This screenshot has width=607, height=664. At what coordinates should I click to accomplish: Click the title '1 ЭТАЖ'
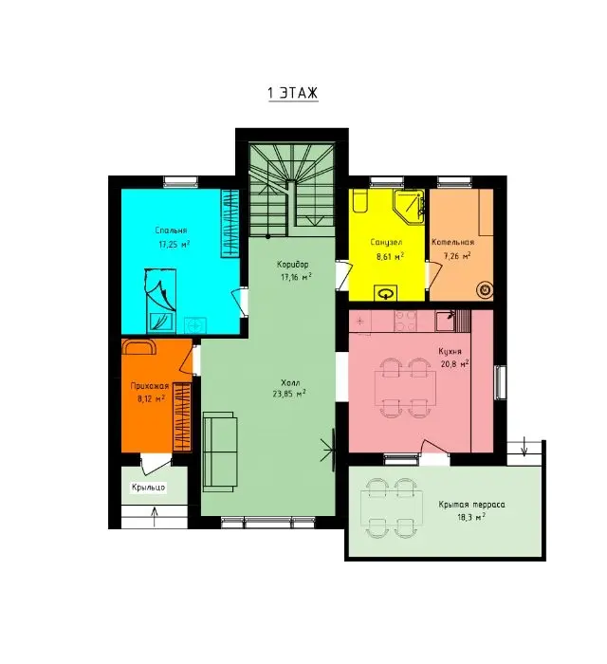coord(293,93)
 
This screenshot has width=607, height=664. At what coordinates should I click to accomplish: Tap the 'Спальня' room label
coord(171,231)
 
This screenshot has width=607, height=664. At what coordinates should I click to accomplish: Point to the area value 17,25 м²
coord(174,244)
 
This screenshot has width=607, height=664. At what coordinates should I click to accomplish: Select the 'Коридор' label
coord(292,265)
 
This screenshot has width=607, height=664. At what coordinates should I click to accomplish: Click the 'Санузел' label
coord(386,242)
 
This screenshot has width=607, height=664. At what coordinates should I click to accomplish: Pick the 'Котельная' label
coord(453,242)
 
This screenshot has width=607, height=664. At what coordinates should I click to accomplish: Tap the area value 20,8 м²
coord(453,364)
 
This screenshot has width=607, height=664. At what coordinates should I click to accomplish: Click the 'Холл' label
coord(290,382)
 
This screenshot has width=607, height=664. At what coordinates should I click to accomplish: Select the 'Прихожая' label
coord(150,386)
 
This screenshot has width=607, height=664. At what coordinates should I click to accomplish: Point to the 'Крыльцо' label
coord(148,488)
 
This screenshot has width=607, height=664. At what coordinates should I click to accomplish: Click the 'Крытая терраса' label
coord(471,505)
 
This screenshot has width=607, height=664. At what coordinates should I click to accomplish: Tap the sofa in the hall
coord(219,452)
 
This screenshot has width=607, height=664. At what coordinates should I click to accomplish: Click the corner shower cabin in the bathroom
coord(410,206)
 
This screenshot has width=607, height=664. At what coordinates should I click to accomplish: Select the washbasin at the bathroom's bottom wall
coord(386,293)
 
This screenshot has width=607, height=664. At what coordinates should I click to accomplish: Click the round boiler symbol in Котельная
coord(485,289)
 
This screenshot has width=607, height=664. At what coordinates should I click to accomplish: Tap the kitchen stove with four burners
coord(406,321)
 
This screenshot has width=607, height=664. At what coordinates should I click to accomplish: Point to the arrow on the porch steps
coord(155,517)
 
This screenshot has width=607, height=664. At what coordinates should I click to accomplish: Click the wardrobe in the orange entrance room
coord(181,416)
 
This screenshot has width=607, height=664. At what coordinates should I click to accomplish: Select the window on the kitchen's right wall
coord(501,382)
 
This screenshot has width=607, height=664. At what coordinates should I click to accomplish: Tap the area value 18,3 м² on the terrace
coord(470,517)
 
